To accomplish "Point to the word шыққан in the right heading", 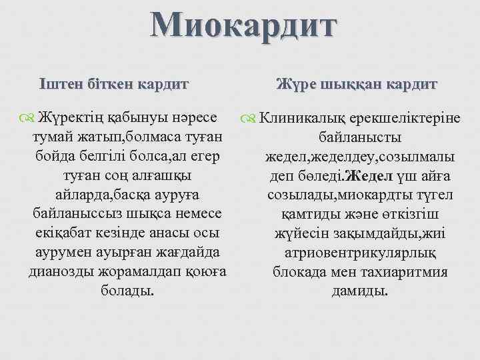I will click(x=354, y=84).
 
